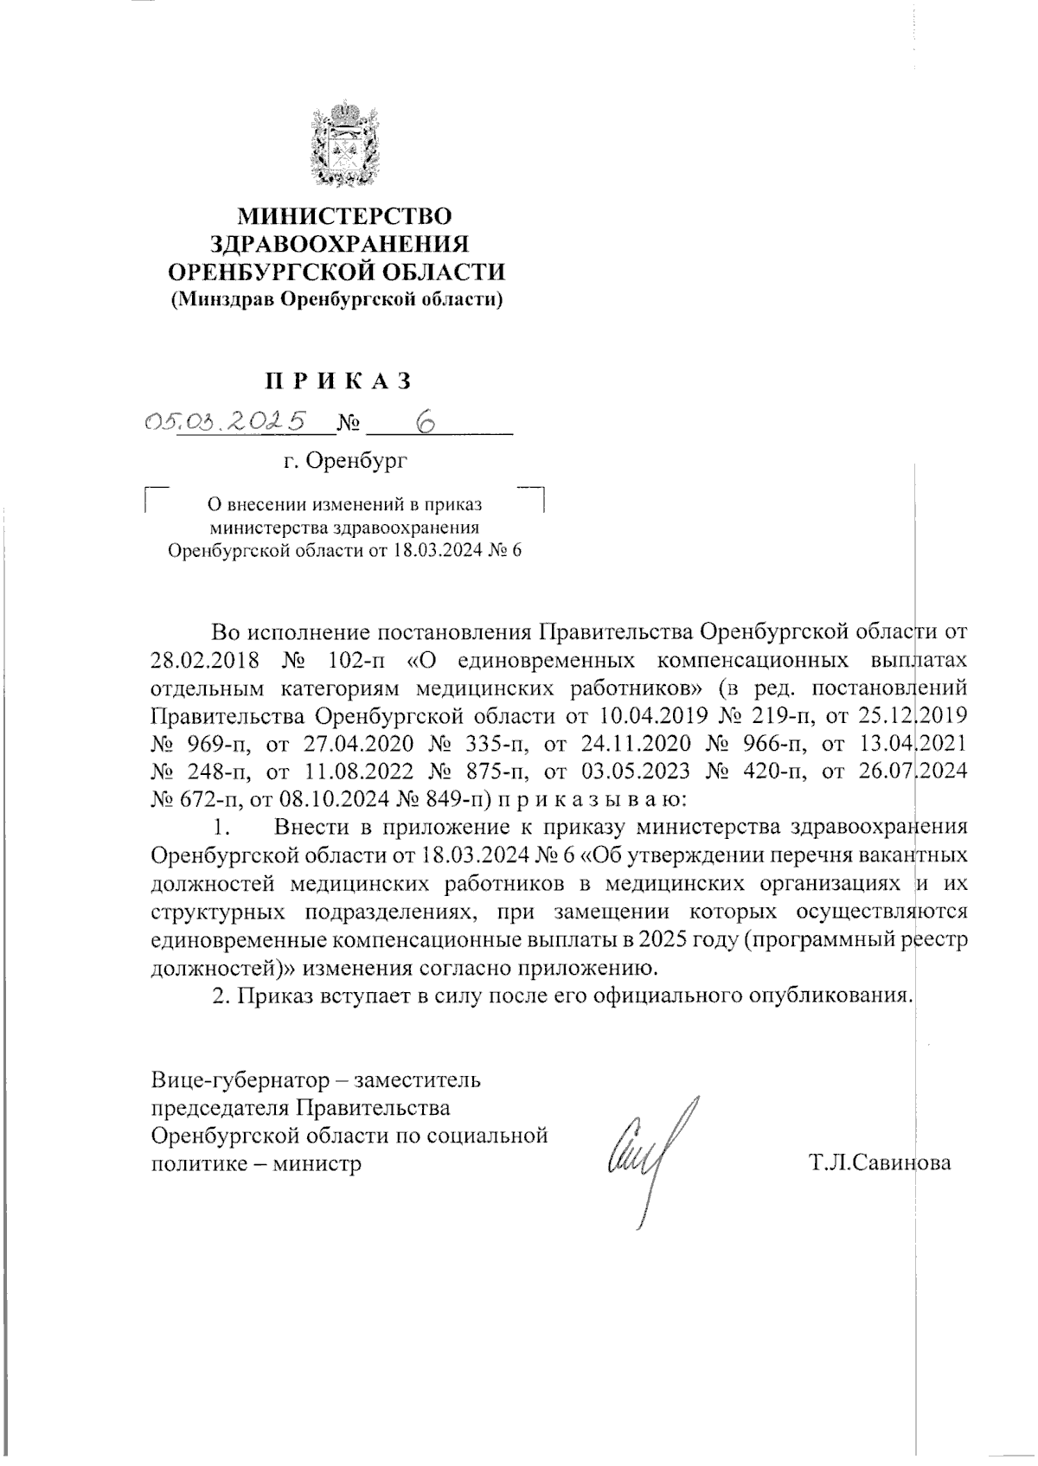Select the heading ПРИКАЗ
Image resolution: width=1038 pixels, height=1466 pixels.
click(x=336, y=381)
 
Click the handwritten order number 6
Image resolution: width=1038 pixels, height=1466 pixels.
click(x=425, y=421)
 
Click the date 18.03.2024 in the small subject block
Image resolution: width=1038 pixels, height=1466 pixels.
click(x=429, y=552)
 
